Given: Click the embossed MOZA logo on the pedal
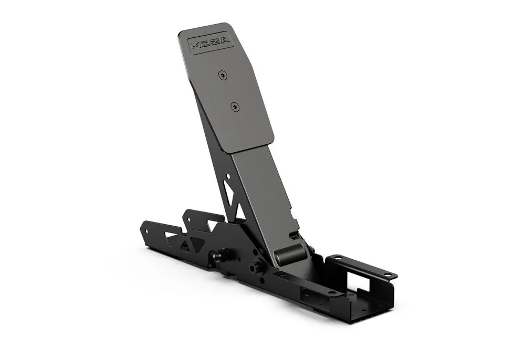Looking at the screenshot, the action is click(209, 43).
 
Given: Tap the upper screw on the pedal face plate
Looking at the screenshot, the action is click(223, 75).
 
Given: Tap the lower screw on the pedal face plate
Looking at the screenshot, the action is click(235, 107).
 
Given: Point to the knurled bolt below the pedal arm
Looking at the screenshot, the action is click(255, 267).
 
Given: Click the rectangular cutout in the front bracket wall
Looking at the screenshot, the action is click(358, 282).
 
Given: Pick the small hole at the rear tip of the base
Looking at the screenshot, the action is click(146, 231).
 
